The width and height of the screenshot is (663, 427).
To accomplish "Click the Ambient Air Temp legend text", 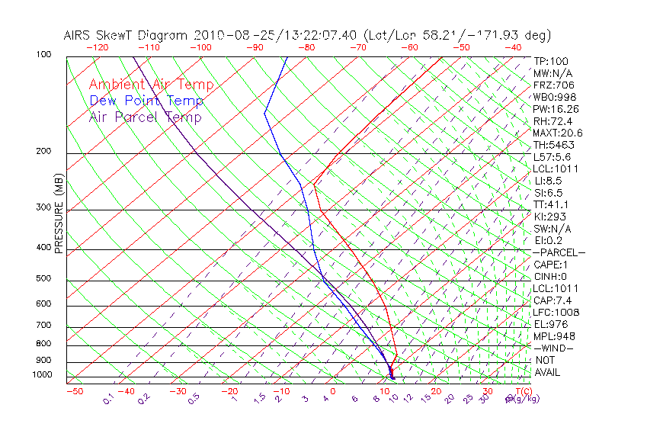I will coord(151,85).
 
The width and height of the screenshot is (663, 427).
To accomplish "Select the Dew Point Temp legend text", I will coord(146,101).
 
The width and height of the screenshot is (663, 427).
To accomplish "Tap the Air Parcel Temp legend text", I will coord(145,117).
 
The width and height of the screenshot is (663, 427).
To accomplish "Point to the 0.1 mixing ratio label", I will coord(108,399).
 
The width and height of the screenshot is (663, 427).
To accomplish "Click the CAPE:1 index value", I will coord(551,265).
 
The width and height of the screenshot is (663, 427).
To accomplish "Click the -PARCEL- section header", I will coord(559,252).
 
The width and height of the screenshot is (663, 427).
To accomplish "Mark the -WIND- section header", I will coord(553,348).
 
